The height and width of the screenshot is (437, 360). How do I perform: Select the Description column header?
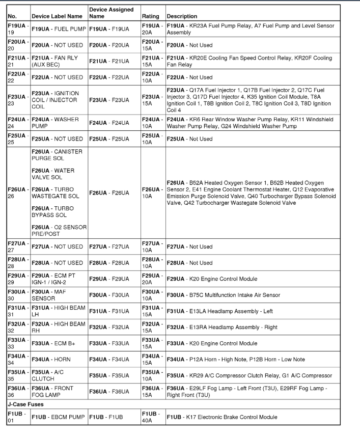pos(182,16)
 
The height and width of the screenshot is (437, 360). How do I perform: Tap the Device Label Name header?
pos(57,16)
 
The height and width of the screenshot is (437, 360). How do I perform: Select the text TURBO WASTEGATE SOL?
pos(56,193)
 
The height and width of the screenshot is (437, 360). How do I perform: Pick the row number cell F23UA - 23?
pos(18,100)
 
